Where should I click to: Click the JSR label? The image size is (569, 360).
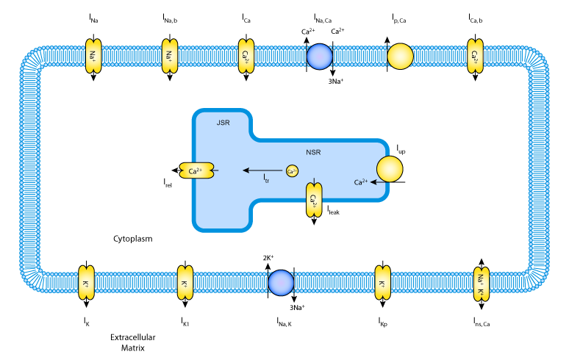(223, 123)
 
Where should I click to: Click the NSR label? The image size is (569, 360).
(313, 153)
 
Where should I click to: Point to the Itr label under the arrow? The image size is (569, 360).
(266, 178)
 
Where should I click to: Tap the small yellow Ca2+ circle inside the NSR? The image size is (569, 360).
(292, 171)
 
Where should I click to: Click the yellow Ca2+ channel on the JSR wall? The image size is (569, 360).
(196, 170)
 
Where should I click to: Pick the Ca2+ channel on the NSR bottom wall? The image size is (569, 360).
(314, 199)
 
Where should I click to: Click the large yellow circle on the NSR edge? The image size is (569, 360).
(390, 169)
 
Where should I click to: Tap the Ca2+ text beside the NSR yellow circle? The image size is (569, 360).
(360, 182)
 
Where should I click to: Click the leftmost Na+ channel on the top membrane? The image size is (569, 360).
(93, 56)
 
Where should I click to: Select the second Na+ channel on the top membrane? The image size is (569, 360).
(170, 56)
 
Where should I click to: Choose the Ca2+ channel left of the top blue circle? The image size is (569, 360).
(246, 56)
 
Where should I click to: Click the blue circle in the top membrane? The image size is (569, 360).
(319, 57)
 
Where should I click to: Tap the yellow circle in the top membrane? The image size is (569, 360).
(400, 57)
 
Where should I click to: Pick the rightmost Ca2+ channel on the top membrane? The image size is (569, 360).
(476, 56)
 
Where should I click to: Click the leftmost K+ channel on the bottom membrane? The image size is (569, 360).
(86, 283)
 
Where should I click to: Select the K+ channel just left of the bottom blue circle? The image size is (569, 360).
(185, 283)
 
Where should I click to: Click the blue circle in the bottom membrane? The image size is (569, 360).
(281, 283)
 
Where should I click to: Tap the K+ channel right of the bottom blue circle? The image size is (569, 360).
(382, 283)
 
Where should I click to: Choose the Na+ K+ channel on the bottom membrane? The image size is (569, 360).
(481, 284)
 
